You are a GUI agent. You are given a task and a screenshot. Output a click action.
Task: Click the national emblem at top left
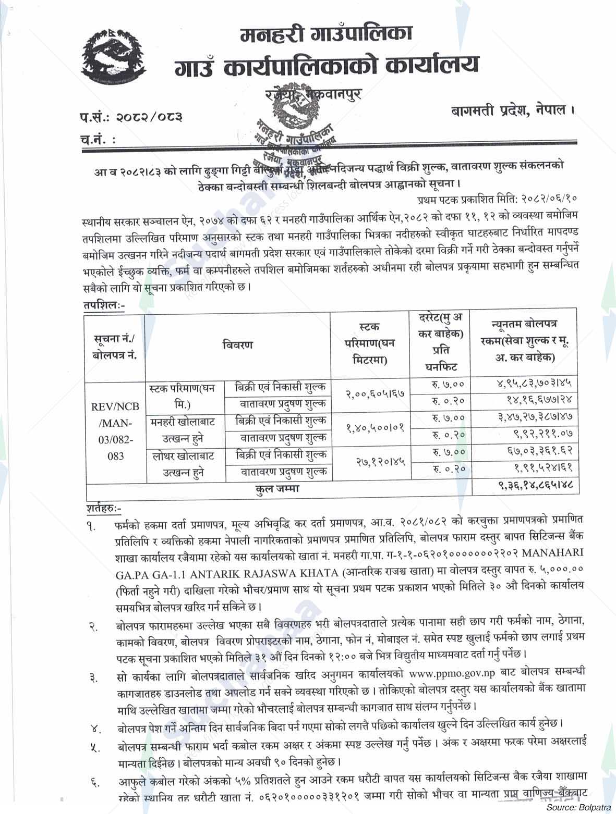[x=114, y=57]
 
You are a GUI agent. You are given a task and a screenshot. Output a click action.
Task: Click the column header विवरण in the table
[x=237, y=345]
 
